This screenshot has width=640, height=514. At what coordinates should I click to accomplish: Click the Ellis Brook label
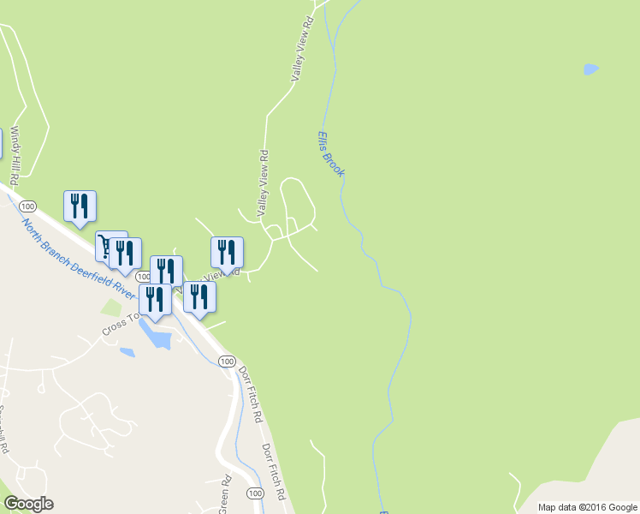pyautogui.click(x=330, y=153)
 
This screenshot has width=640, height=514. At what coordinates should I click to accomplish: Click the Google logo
pyautogui.click(x=28, y=504)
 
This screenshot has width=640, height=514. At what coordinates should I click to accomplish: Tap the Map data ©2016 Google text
pyautogui.click(x=587, y=507)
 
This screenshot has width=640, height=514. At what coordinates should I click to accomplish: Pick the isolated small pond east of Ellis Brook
pyautogui.click(x=590, y=69)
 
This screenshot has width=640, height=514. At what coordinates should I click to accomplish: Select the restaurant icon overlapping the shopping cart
pyautogui.click(x=126, y=253)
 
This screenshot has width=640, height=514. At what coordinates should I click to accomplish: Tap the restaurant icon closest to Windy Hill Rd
pyautogui.click(x=80, y=206)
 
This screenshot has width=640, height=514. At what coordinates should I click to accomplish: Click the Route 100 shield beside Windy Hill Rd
pyautogui.click(x=28, y=206)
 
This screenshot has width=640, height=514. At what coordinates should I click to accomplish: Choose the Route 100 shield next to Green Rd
pyautogui.click(x=254, y=493)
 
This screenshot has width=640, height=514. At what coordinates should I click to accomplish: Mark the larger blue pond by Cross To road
pyautogui.click(x=159, y=336)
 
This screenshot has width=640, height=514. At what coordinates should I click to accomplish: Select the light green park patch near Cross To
pyautogui.click(x=111, y=307)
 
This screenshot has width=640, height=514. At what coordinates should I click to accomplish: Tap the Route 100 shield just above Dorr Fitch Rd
pyautogui.click(x=227, y=362)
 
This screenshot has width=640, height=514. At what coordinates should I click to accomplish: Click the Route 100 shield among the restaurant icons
pyautogui.click(x=143, y=277)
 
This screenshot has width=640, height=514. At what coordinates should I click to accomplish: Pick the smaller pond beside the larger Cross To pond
pyautogui.click(x=127, y=351)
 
